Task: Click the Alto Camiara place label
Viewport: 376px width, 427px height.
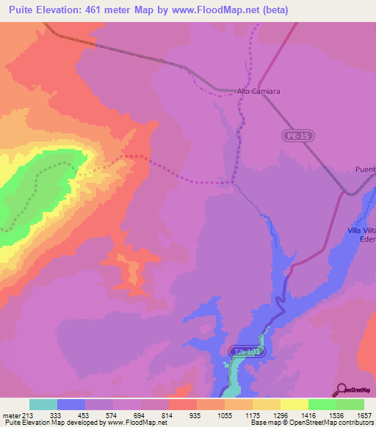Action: click(x=259, y=92)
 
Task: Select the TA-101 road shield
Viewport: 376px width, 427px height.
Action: click(x=244, y=352)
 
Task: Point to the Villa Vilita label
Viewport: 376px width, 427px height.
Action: click(x=361, y=230)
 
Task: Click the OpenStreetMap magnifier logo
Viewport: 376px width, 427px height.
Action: click(x=340, y=390)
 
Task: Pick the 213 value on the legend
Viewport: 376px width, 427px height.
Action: click(x=28, y=415)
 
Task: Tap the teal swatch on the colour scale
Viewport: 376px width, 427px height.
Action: click(x=43, y=404)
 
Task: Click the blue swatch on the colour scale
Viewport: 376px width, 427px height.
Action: click(x=71, y=404)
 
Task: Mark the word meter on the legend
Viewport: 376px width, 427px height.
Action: click(x=10, y=415)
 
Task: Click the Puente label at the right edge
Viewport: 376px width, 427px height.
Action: click(x=364, y=169)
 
